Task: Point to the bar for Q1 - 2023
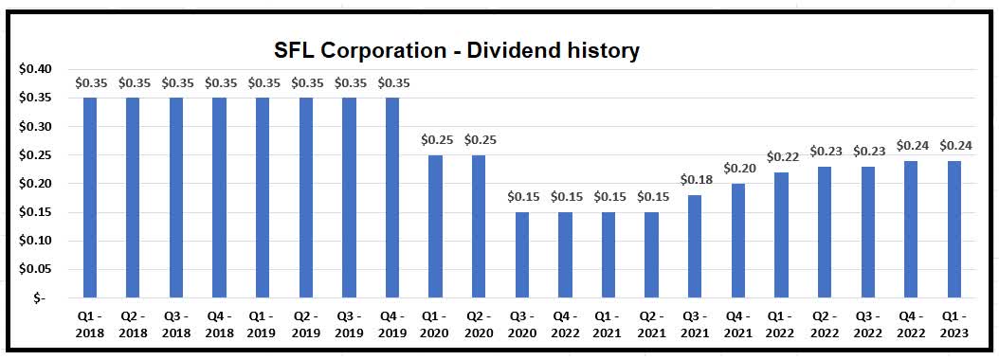click(x=954, y=228)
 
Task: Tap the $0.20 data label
click(x=738, y=168)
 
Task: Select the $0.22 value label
click(x=782, y=156)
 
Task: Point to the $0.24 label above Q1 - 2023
click(x=954, y=145)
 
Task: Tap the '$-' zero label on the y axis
click(x=37, y=297)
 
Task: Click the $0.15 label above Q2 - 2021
click(x=652, y=196)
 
